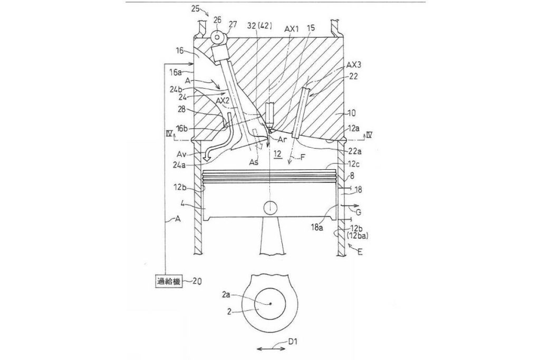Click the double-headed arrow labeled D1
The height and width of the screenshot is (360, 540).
271,348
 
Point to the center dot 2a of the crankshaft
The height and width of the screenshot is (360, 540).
271,304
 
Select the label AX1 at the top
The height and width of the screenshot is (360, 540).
291,29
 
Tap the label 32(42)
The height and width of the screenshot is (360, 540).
261,25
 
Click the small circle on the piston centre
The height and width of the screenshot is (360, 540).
270,207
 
